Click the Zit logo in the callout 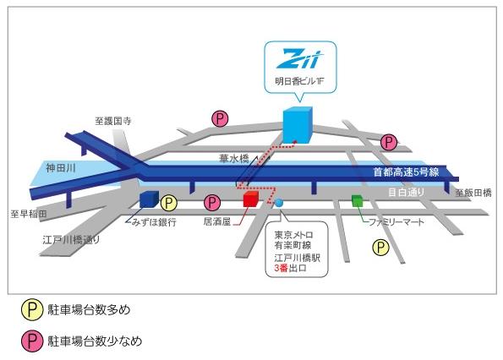point(299,59)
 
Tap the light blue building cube point(298,125)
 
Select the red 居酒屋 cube point(250,199)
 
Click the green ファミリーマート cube point(357,201)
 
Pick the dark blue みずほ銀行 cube point(149,199)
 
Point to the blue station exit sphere point(279,203)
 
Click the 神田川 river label point(60,167)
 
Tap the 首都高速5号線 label point(406,172)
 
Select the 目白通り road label point(406,192)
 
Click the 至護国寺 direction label point(113,121)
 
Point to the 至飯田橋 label point(473,193)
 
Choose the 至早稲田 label point(29,214)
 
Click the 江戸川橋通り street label point(71,240)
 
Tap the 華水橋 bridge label point(233,158)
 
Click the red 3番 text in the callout point(282,268)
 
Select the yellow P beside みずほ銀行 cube point(169,203)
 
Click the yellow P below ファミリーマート point(380,248)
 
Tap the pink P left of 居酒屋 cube point(212,203)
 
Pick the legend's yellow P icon point(32,309)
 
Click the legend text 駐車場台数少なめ point(95,341)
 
